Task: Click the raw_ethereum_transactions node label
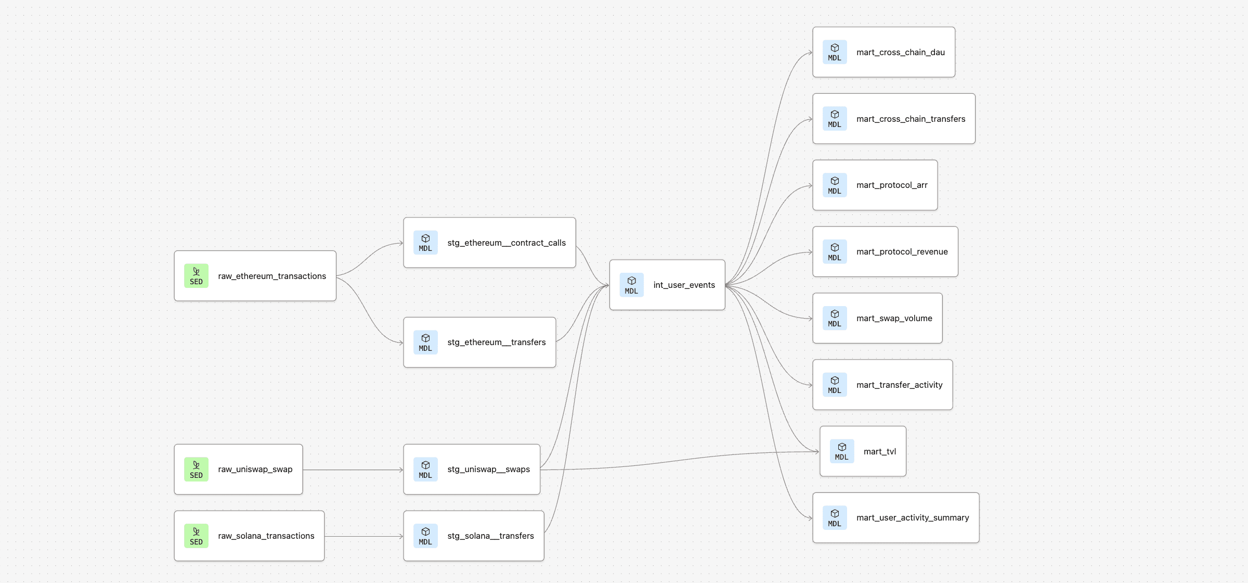(271, 276)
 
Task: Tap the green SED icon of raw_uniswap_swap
(196, 470)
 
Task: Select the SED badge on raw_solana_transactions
(196, 536)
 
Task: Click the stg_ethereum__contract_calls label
(506, 243)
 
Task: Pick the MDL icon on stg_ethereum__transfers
(425, 343)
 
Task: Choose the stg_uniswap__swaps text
(488, 470)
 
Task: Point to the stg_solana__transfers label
(490, 536)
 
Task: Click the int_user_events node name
(684, 285)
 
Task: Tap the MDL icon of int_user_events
(631, 285)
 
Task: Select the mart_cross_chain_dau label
(900, 52)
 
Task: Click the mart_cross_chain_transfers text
(911, 119)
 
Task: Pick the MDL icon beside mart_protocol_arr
(835, 185)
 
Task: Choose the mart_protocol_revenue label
(902, 252)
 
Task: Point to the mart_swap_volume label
(894, 319)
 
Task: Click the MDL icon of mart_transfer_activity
(835, 385)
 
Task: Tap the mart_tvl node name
(879, 452)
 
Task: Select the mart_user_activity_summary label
(913, 518)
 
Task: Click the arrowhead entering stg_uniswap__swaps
(400, 470)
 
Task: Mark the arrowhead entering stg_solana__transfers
(400, 536)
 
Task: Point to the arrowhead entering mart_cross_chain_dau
(810, 53)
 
